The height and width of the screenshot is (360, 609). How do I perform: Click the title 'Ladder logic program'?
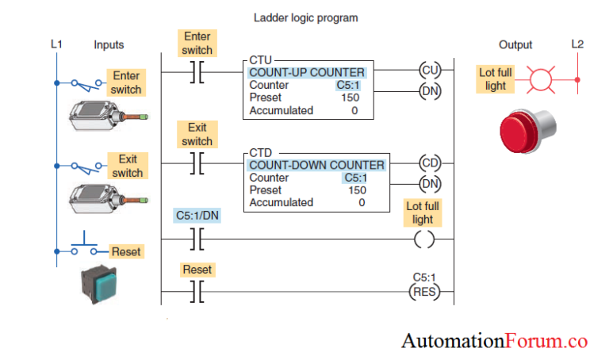pos(305,17)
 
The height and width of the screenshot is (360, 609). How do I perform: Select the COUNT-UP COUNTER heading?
pos(307,72)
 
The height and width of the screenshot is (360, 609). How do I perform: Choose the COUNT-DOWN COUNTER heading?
pos(316,165)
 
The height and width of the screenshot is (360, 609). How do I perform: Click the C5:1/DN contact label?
pos(197,215)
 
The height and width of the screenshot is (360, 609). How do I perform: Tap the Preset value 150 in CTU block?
pos(350,98)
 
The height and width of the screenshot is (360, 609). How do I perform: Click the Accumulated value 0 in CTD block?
pos(361,202)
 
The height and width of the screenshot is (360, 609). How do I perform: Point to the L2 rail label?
pos(576,44)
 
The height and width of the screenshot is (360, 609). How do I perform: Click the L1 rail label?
pos(56,44)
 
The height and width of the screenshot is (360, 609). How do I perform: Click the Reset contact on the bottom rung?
pos(197,291)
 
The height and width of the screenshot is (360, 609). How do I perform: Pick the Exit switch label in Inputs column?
pos(127,166)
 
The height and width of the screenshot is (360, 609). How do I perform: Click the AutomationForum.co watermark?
pos(494,341)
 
